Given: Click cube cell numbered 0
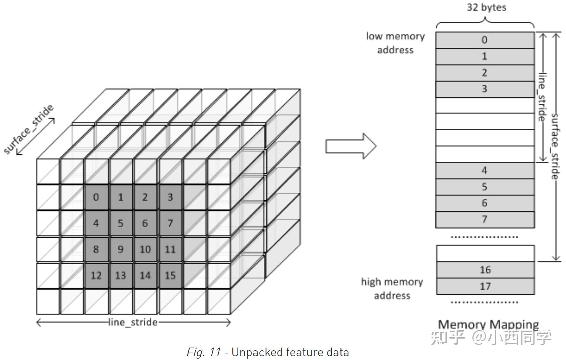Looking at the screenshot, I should coord(96,197).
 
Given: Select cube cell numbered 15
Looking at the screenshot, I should coord(170,275).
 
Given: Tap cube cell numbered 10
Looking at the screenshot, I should coord(145,249).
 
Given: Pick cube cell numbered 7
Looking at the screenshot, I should coord(170,223).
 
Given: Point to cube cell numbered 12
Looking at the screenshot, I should coord(96,275).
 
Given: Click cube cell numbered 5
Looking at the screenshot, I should coord(121,223).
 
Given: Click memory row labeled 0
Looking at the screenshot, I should coord(485,40).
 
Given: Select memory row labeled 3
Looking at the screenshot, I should coord(485,89).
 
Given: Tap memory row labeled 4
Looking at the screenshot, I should coord(485,171).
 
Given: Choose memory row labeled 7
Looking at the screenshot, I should coord(485,219).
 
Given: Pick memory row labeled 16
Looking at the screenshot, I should coord(485,270).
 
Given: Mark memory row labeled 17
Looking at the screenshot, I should coord(485,286).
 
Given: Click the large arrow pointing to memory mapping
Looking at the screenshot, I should coord(351,146).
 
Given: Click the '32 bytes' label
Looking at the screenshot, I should coord(486,7).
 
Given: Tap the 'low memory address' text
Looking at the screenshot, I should coord(395,43).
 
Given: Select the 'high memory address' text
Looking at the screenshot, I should coord(392,289).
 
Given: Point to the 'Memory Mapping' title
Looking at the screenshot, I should coord(488,324).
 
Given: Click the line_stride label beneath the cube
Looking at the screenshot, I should coord(133,322).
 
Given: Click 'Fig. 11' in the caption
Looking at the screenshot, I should coord(204,352).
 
